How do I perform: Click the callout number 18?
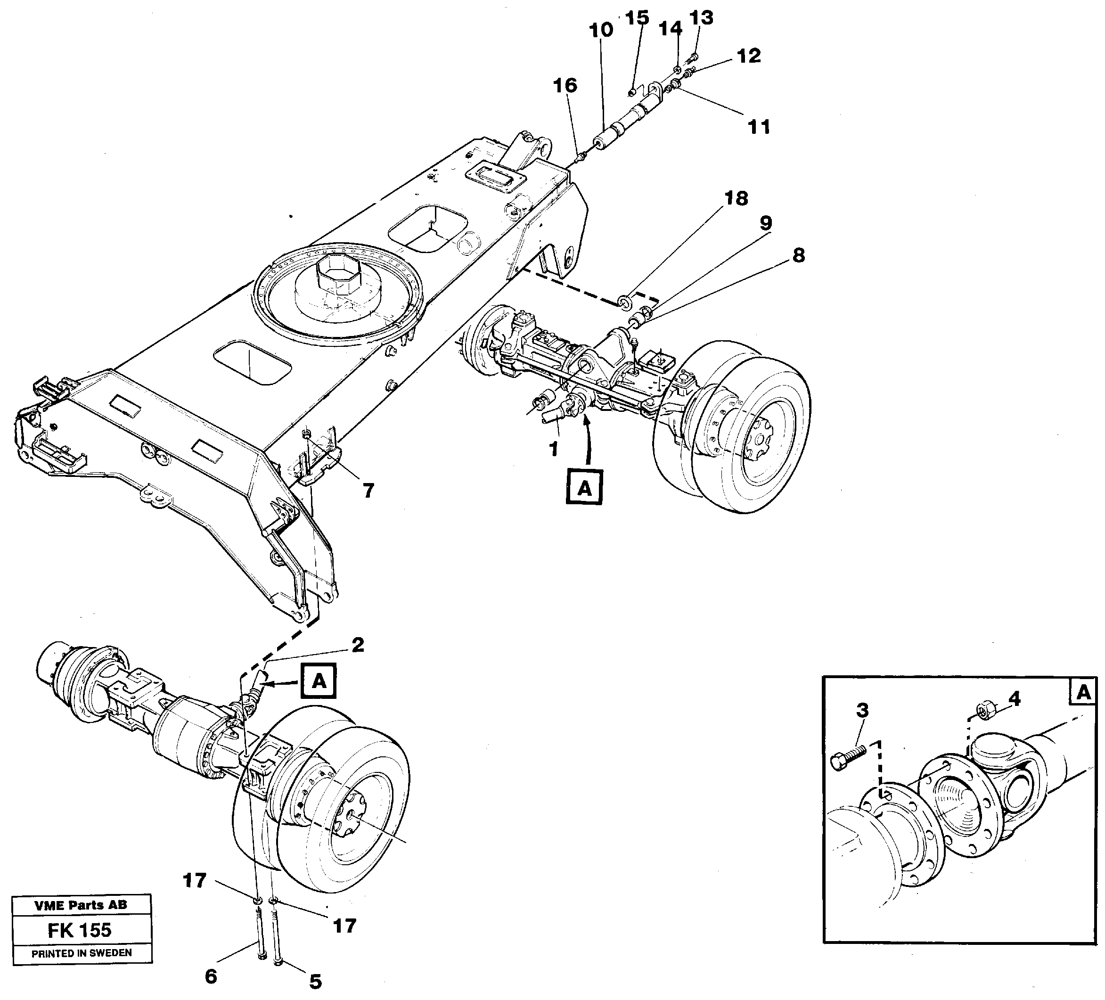point(736,198)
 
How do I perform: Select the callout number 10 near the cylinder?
point(601,30)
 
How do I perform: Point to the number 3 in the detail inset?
point(862,711)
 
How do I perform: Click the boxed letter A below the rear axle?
point(585,487)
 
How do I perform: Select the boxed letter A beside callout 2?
point(319,681)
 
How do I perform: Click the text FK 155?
point(80,930)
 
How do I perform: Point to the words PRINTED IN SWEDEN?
point(81,953)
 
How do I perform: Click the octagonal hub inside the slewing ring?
point(336,277)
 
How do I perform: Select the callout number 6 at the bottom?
point(211,976)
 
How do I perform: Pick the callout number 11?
point(759,127)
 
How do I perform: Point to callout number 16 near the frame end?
point(565,85)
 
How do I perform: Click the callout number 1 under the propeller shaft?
point(554,449)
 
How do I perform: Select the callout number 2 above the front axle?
point(358,645)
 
